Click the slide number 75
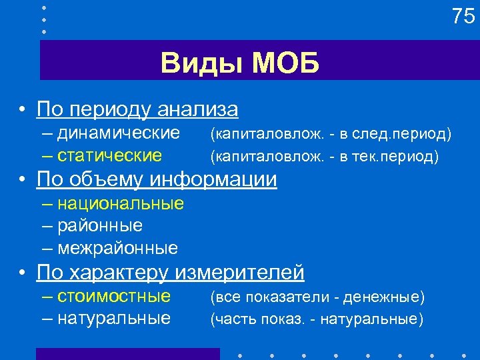(463, 17)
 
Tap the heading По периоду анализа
(137, 108)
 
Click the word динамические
(119, 133)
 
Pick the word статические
(109, 156)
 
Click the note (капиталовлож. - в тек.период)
(325, 157)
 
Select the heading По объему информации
(157, 179)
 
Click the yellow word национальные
(121, 203)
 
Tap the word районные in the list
(100, 225)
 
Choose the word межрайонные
(118, 249)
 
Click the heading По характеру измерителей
(171, 272)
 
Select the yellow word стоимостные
(114, 295)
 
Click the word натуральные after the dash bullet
(114, 318)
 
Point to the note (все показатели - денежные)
(317, 296)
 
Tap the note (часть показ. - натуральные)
(317, 319)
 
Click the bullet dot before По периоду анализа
(23, 109)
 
